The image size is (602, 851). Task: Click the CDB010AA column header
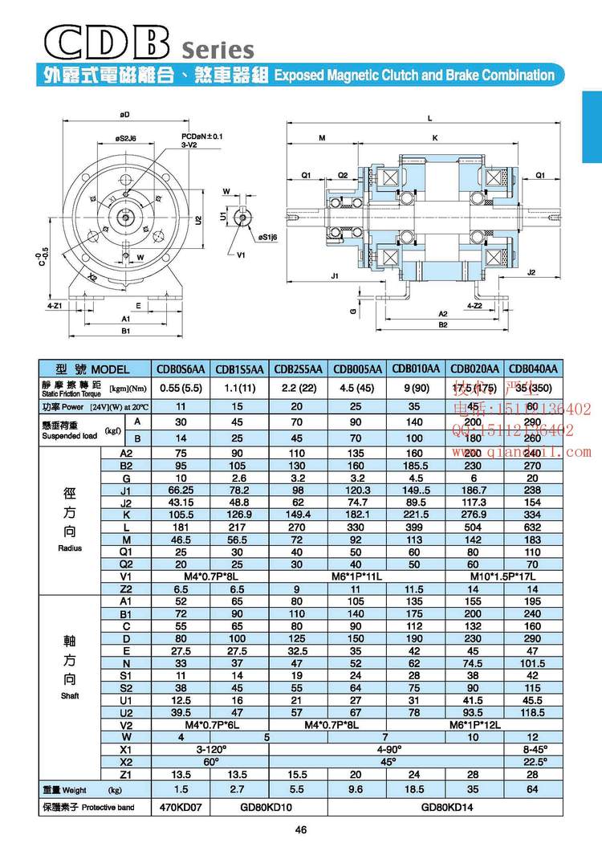[416, 369]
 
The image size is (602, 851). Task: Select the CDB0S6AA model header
[183, 369]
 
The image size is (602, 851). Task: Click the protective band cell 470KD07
[183, 806]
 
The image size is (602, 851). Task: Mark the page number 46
[301, 829]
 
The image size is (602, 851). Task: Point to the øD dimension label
[126, 115]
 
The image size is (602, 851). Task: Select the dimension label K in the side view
[434, 138]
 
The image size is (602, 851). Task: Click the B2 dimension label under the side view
[442, 325]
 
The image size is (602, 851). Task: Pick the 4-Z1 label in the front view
[55, 307]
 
